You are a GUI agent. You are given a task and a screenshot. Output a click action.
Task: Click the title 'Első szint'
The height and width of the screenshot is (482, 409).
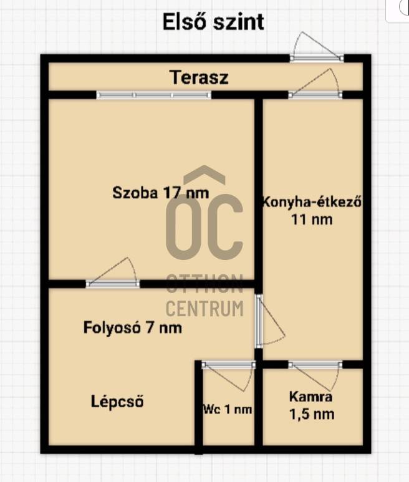coord(213,21)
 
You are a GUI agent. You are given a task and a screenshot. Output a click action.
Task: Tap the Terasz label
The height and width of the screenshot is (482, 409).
coord(199,77)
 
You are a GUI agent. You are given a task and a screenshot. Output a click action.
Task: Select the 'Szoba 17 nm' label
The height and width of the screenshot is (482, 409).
coord(160,193)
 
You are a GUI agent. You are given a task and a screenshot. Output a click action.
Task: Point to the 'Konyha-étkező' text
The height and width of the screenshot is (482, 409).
coord(312,202)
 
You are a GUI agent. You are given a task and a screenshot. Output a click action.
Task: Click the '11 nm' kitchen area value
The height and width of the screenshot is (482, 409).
coord(312,219)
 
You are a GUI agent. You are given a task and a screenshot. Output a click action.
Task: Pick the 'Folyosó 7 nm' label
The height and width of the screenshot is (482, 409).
coord(132,328)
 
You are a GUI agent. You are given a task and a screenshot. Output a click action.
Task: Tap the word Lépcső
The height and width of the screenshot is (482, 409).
coord(117,402)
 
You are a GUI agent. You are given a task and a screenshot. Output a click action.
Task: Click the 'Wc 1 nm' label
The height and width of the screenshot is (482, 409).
coord(228,409)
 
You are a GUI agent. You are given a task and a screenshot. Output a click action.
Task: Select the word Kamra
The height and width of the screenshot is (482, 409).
coord(310,397)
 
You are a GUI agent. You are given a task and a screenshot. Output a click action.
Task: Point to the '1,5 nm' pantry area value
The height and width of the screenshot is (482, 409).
coord(312,414)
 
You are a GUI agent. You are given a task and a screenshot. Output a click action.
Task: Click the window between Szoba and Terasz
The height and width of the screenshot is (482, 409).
coord(153,95)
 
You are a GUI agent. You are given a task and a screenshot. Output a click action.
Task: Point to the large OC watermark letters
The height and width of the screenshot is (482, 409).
coord(205,227)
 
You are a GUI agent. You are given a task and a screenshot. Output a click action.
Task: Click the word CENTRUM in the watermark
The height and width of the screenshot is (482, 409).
coord(205,308)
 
